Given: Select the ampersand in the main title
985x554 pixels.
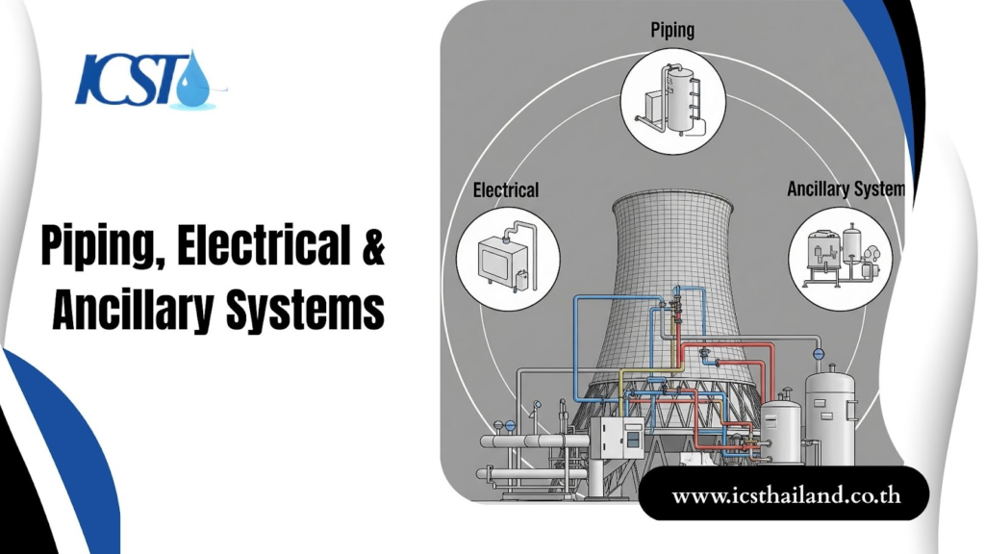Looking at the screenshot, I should pyautogui.click(x=372, y=248).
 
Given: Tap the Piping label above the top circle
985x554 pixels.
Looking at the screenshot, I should pyautogui.click(x=672, y=31).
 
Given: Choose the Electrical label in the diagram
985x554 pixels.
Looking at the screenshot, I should pyautogui.click(x=506, y=189).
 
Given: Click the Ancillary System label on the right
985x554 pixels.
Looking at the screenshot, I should pyautogui.click(x=846, y=189).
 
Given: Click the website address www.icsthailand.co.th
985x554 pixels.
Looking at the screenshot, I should pyautogui.click(x=785, y=497).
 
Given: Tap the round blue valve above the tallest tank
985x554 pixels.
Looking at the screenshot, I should pyautogui.click(x=819, y=353).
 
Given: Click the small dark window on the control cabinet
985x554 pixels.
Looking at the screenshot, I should pyautogui.click(x=633, y=441).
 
